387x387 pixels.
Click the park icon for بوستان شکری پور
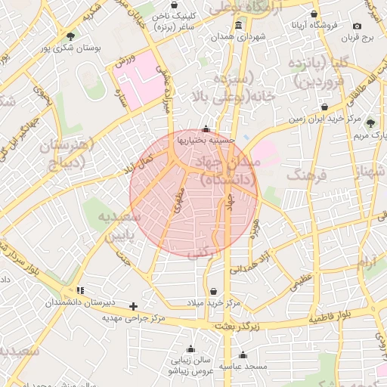70,36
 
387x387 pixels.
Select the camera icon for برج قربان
357,26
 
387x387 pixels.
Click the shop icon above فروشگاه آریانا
314,14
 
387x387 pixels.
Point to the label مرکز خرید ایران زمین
325,119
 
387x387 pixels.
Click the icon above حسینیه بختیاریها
206,128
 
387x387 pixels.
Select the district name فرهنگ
306,176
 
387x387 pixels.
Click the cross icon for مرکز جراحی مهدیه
134,306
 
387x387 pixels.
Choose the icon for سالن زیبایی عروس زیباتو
190,349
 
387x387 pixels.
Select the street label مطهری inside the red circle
178,200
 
